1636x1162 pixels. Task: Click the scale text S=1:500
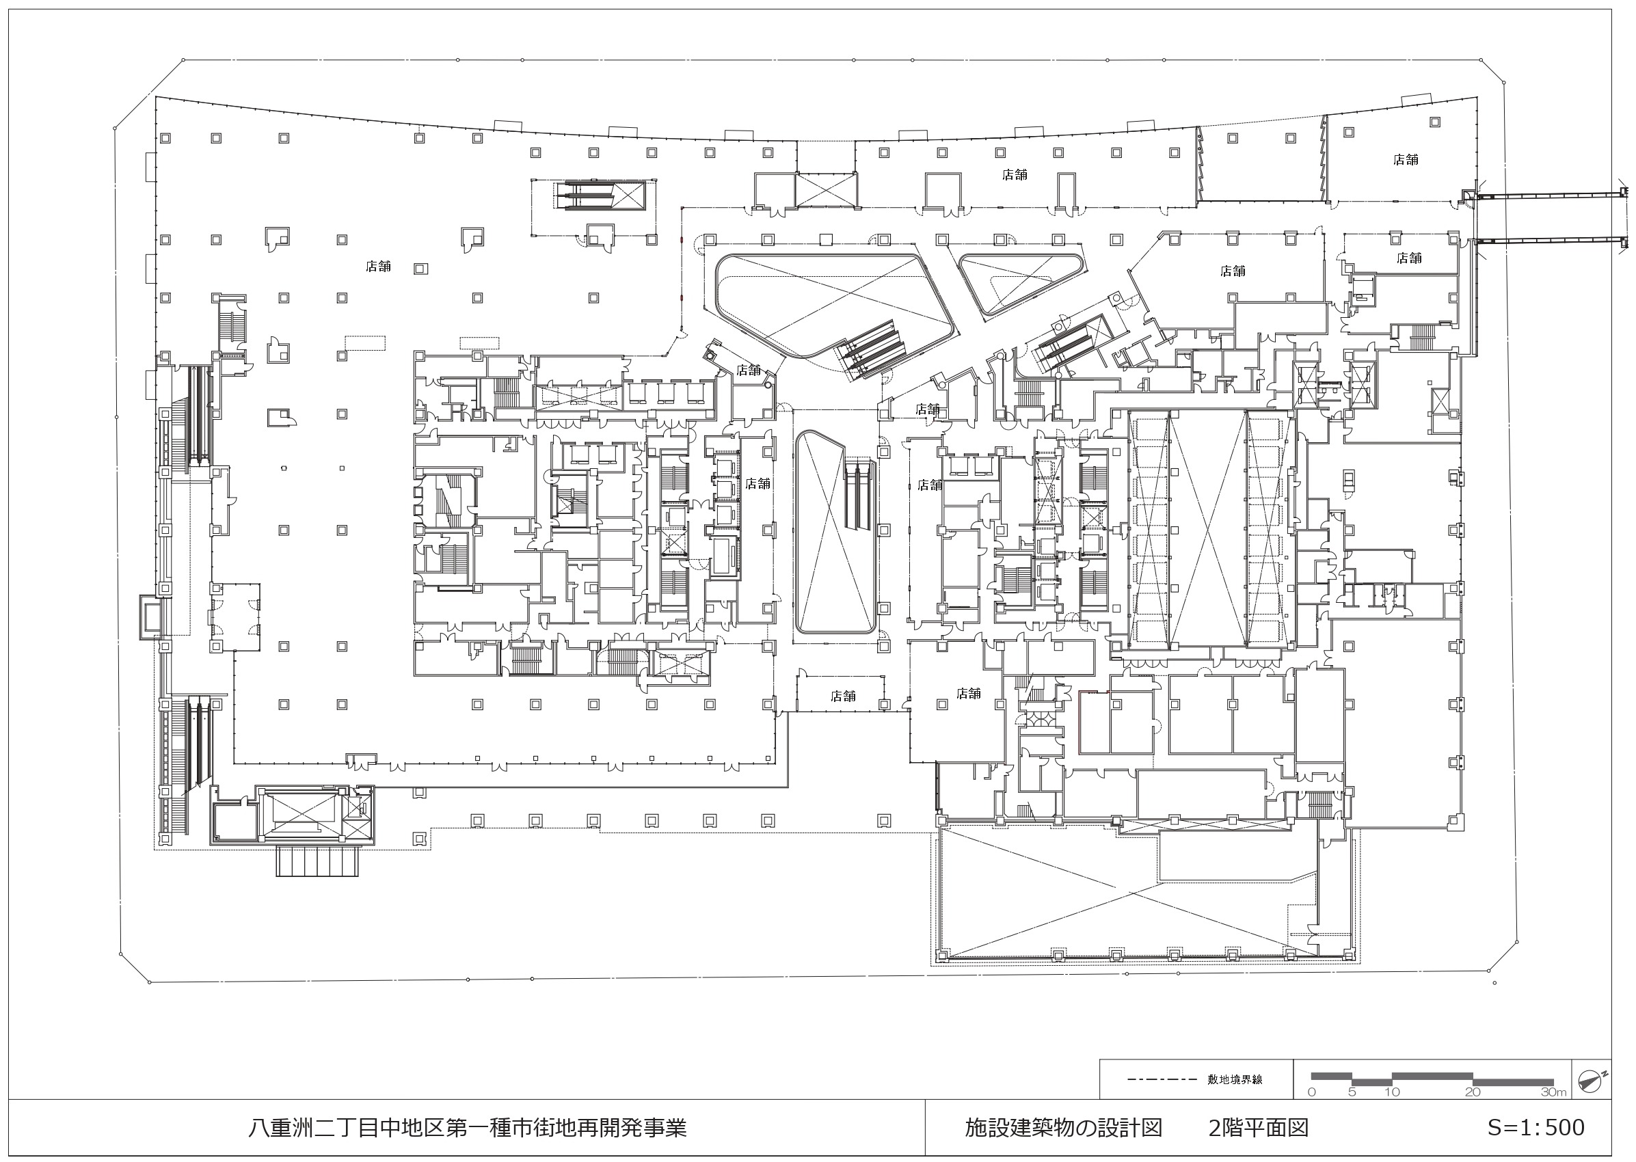point(1536,1128)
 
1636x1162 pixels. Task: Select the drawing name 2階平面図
point(1259,1128)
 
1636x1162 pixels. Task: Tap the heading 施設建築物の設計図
point(1063,1128)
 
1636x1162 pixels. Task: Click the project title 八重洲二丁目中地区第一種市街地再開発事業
point(468,1128)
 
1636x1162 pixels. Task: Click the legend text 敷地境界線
point(1235,1079)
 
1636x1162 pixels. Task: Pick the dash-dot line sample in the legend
point(1162,1079)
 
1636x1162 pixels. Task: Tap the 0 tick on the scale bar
point(1311,1092)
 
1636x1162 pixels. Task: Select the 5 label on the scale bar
point(1352,1092)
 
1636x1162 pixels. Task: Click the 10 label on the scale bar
point(1392,1092)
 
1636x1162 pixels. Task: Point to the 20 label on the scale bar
point(1473,1092)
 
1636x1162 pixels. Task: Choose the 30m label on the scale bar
point(1554,1092)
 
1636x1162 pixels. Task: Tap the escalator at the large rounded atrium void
point(870,349)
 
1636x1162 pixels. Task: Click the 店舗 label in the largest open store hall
point(379,266)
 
